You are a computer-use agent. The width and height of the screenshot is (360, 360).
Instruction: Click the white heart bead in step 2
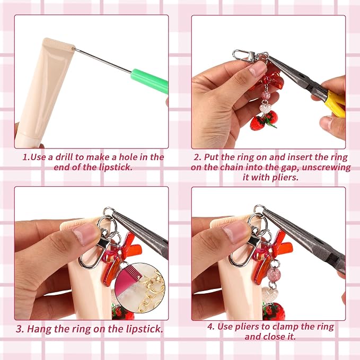266,109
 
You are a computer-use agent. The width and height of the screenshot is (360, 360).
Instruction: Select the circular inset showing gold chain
140,288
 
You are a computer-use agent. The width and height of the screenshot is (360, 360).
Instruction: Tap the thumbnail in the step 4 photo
236,231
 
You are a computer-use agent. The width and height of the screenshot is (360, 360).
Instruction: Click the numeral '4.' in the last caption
211,327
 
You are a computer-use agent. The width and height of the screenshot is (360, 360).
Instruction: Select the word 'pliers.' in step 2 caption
284,178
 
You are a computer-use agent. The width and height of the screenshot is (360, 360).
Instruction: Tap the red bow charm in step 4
272,255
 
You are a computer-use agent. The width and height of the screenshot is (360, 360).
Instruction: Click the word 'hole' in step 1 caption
128,157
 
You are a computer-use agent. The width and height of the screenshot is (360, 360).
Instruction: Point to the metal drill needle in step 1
102,60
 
